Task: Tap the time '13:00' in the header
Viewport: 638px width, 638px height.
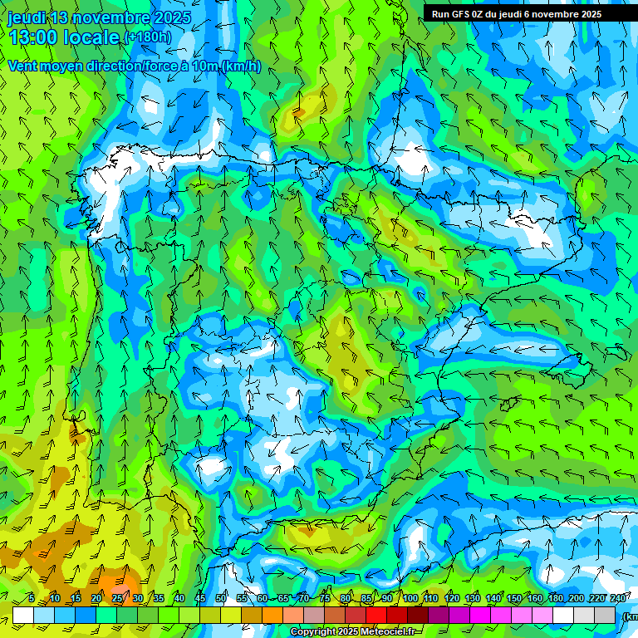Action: tap(36, 37)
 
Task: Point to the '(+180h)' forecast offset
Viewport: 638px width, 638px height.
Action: tap(147, 37)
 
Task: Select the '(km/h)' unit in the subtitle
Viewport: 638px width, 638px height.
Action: tap(240, 66)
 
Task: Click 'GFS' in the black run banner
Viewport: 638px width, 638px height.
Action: tap(462, 14)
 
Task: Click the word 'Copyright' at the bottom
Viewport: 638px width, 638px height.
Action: tap(313, 632)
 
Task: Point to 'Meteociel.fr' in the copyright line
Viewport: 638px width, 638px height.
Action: tap(390, 632)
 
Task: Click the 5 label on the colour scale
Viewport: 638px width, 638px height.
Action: tap(31, 598)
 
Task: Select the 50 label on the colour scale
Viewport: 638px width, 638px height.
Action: tap(221, 598)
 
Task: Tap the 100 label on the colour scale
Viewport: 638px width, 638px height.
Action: tap(410, 598)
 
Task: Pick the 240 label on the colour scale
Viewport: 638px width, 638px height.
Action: tap(618, 598)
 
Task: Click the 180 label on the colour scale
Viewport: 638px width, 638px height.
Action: tap(556, 598)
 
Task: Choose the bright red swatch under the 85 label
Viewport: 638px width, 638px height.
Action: tap(376, 616)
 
